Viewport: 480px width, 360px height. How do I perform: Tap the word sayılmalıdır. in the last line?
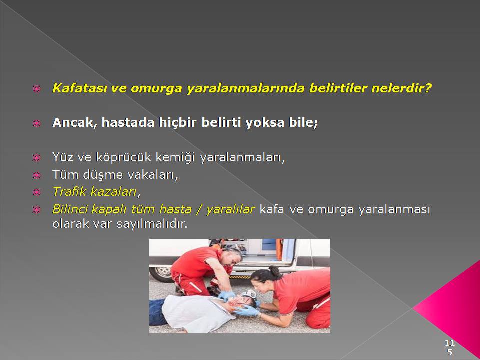click(x=152, y=224)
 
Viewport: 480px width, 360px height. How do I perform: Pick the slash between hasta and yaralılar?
click(x=200, y=209)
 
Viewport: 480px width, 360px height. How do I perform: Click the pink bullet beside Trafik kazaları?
click(x=36, y=192)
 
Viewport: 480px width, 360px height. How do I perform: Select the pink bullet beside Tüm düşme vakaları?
click(x=36, y=175)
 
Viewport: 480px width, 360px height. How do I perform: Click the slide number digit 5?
click(x=449, y=352)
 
